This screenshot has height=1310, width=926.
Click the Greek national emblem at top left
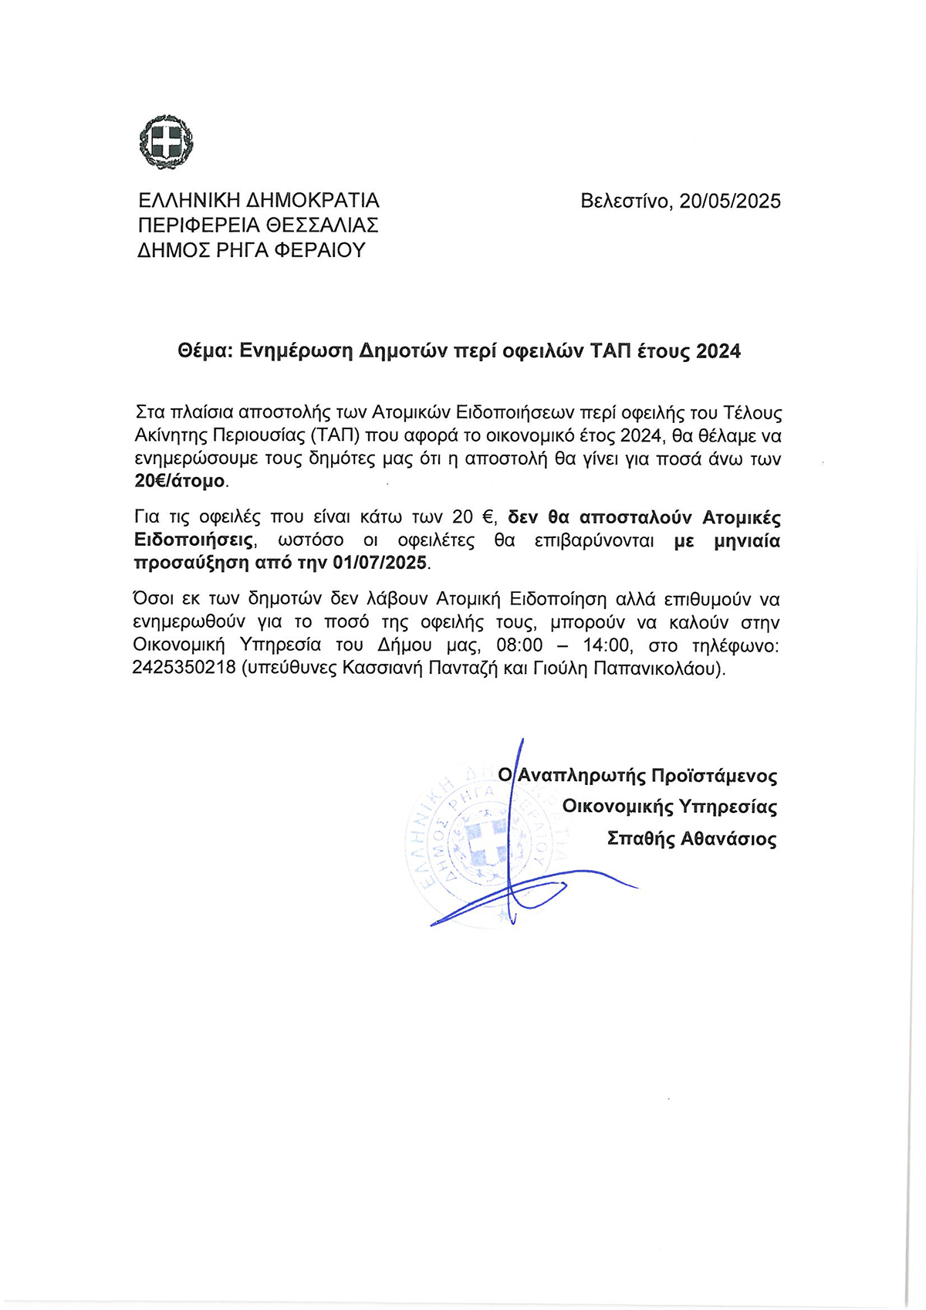165,143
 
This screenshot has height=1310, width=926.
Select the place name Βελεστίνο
625,201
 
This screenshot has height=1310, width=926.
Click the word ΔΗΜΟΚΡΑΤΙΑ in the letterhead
313,201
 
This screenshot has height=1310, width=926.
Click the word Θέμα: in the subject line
205,352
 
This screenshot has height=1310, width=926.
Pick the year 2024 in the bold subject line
718,352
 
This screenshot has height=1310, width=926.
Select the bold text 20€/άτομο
181,482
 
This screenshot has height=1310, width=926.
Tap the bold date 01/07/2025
380,563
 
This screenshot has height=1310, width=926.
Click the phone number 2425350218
184,669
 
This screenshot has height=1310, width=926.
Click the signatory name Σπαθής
640,839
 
